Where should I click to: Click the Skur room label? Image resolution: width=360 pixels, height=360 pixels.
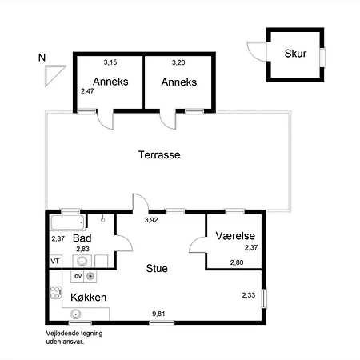[x=295, y=54]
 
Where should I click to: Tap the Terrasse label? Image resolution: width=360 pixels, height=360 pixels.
[x=159, y=154]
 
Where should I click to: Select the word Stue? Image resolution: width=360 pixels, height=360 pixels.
[x=157, y=268]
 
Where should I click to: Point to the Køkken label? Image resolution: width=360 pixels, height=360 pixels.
[x=89, y=298]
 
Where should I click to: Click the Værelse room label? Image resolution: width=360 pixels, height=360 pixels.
[x=235, y=236]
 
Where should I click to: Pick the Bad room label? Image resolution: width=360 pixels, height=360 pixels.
[x=82, y=238]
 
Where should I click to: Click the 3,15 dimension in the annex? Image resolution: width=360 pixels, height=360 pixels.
[x=110, y=62]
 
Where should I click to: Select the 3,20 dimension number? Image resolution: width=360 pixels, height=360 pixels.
[x=178, y=62]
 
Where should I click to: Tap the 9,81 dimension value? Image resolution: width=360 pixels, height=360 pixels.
[x=158, y=314]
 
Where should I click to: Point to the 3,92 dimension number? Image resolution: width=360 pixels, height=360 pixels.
[x=151, y=220]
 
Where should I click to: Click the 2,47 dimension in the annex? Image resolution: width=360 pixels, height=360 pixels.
[x=87, y=91]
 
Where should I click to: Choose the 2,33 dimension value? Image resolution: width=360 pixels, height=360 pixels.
[x=249, y=295]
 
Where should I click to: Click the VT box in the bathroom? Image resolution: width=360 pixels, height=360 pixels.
[x=55, y=261]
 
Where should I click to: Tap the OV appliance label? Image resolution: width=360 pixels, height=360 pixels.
[x=78, y=277]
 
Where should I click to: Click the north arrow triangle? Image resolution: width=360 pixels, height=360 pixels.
[x=53, y=74]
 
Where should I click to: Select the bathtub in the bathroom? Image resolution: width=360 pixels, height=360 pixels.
[x=67, y=222]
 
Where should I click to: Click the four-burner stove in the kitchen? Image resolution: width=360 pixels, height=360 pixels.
[x=56, y=293]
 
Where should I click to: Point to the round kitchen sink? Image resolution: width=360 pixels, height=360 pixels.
[x=76, y=314]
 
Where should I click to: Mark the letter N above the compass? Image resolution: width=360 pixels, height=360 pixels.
[x=42, y=58]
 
